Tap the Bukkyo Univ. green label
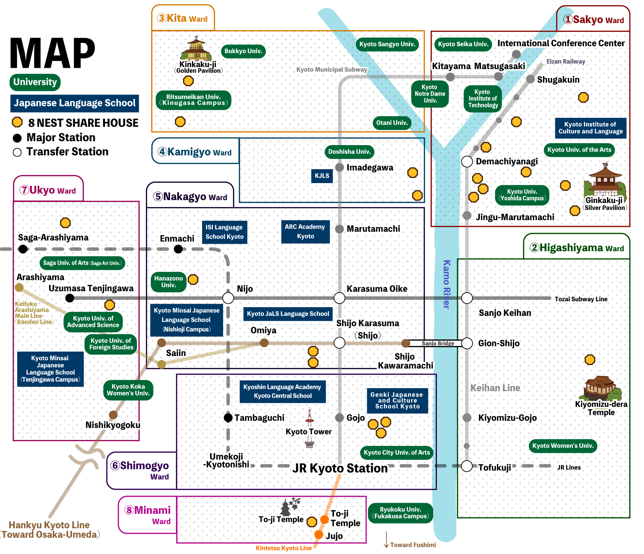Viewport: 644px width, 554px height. pyautogui.click(x=243, y=51)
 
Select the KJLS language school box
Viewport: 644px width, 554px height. pyautogui.click(x=322, y=176)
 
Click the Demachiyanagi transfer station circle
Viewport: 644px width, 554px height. pyautogui.click(x=467, y=162)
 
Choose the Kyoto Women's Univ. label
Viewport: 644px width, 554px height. pyautogui.click(x=563, y=446)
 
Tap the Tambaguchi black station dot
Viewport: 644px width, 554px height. pyautogui.click(x=228, y=418)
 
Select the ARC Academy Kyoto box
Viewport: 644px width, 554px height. pyautogui.click(x=305, y=232)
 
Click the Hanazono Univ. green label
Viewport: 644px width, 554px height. pyautogui.click(x=168, y=282)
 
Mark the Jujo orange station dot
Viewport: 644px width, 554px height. pyautogui.click(x=319, y=534)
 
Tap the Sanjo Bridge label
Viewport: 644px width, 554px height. pyautogui.click(x=438, y=343)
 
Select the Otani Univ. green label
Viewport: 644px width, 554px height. pyautogui.click(x=392, y=123)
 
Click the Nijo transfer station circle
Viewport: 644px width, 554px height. pyautogui.click(x=228, y=298)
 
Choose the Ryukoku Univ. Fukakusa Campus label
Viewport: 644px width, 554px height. pyautogui.click(x=400, y=513)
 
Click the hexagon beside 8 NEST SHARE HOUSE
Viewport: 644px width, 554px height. pyautogui.click(x=17, y=122)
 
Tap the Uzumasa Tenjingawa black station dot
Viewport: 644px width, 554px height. pyautogui.click(x=70, y=298)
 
